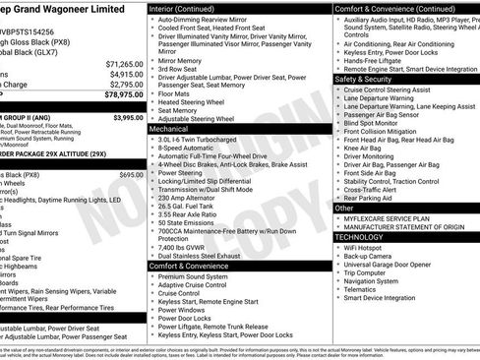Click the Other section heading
click(x=344, y=209)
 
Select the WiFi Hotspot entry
click(x=369, y=250)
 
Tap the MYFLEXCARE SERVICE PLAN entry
click(x=387, y=218)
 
